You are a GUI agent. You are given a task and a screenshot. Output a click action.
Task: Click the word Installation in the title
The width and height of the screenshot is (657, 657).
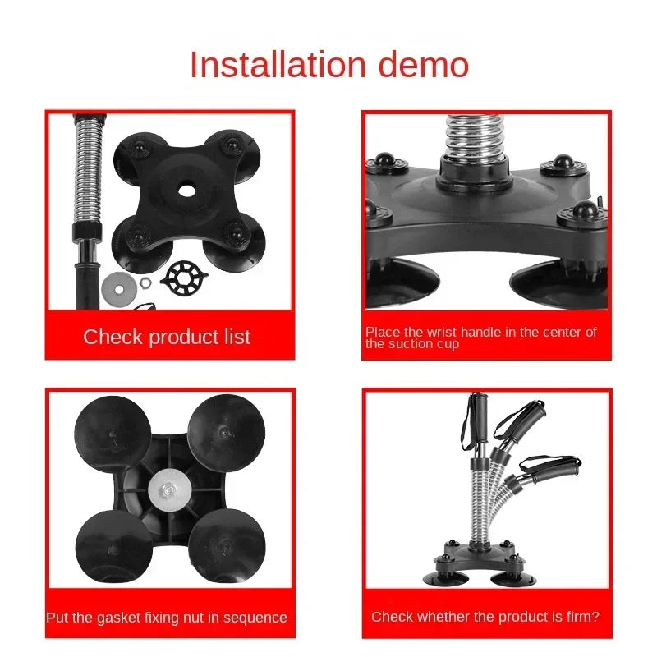click(x=278, y=65)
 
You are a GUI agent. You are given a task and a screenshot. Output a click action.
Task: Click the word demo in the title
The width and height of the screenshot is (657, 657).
click(x=423, y=65)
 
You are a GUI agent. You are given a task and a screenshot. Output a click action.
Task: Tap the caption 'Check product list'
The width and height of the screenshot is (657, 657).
click(x=167, y=337)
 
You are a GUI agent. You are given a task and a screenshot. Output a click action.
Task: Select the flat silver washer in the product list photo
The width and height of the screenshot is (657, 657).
click(x=119, y=288)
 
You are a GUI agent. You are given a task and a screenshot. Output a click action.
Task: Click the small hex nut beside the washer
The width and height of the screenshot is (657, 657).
click(x=145, y=283)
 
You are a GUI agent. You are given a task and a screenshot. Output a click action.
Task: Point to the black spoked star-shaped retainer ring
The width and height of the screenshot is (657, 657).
click(x=184, y=278)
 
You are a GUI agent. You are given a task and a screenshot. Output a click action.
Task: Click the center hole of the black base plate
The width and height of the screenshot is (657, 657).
click(x=186, y=191)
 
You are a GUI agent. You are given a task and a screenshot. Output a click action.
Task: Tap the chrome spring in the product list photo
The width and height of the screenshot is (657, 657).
click(x=88, y=171)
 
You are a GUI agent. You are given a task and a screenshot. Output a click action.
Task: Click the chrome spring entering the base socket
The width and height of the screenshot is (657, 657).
click(x=474, y=136)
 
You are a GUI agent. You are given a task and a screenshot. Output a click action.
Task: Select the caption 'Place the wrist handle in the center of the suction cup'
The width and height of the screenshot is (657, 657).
click(x=480, y=338)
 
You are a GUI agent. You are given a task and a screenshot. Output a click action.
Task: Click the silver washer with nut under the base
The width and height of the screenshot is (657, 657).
click(x=169, y=489)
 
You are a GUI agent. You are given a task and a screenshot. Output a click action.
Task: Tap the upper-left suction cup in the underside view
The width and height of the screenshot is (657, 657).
click(x=113, y=434)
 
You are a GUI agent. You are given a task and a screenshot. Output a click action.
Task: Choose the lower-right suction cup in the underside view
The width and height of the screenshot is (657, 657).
click(x=227, y=546)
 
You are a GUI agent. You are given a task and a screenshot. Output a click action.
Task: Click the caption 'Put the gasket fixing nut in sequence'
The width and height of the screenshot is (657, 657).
click(x=167, y=618)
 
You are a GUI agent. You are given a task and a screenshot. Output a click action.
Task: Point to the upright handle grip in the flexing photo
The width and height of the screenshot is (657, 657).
click(x=480, y=417)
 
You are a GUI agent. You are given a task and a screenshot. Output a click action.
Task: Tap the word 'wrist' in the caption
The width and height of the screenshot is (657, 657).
click(x=441, y=332)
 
